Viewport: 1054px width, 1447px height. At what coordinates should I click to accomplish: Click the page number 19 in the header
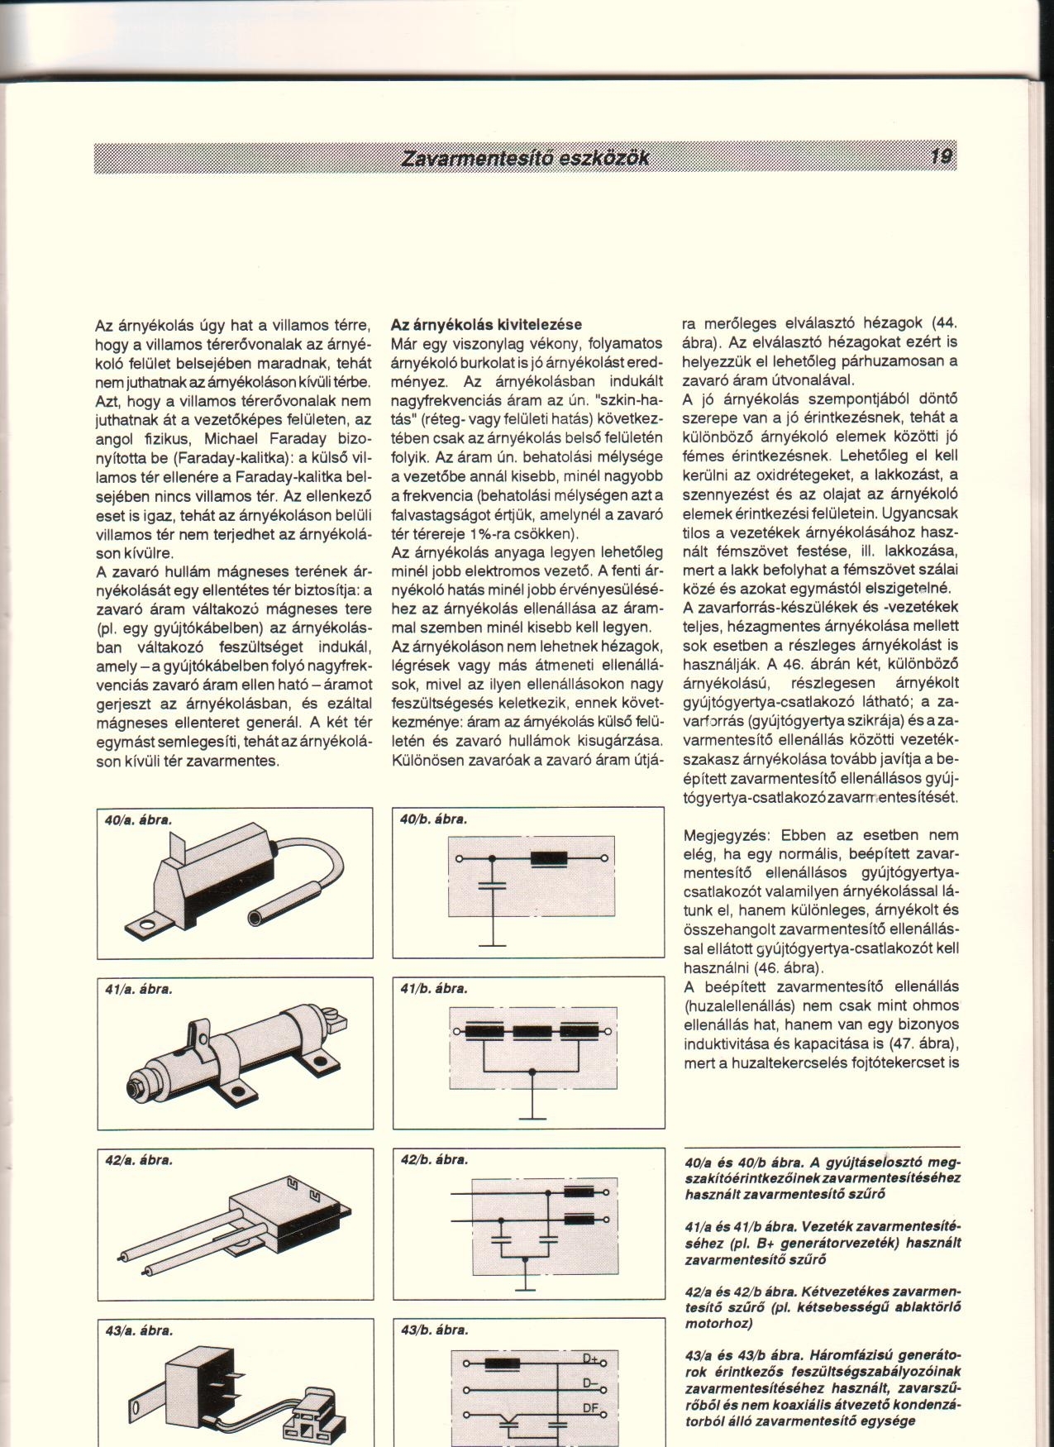pyautogui.click(x=941, y=156)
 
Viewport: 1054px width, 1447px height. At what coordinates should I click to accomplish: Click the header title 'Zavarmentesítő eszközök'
pyautogui.click(x=525, y=158)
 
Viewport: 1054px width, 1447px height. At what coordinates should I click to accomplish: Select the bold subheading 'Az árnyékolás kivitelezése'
pyautogui.click(x=486, y=324)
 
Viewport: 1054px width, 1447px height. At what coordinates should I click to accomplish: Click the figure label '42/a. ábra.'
pyautogui.click(x=138, y=1160)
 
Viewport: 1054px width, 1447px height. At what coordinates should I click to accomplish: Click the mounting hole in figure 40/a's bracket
pyautogui.click(x=149, y=925)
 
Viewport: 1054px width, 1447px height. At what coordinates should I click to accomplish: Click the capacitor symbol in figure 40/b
pyautogui.click(x=493, y=886)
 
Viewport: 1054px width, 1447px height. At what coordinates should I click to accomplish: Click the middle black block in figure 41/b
pyautogui.click(x=532, y=1031)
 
